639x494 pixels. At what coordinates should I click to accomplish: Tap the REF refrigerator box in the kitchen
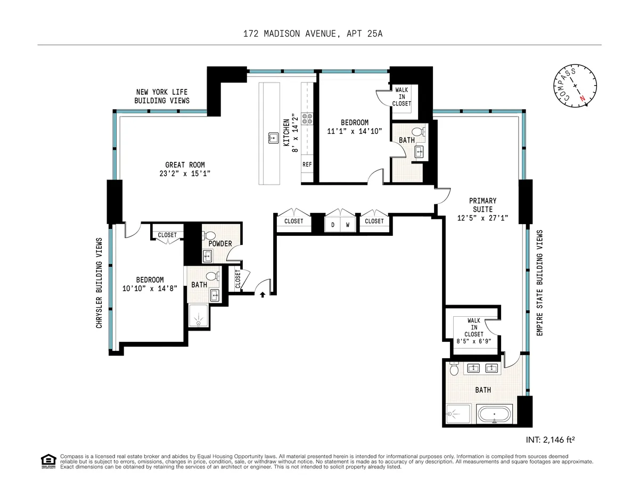click(x=307, y=164)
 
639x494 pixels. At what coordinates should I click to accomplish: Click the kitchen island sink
click(x=272, y=137)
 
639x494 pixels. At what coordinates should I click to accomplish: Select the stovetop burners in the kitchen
click(x=307, y=118)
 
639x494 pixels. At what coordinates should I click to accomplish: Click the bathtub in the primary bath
click(x=495, y=414)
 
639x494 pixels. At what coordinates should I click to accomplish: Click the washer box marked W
click(x=348, y=225)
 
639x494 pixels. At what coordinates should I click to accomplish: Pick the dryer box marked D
click(x=333, y=225)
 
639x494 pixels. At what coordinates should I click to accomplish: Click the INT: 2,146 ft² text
click(x=550, y=440)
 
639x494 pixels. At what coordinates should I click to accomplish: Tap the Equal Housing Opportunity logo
click(x=48, y=461)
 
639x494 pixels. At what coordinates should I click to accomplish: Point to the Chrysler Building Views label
click(x=99, y=282)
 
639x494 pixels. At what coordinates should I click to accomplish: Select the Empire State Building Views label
click(x=539, y=282)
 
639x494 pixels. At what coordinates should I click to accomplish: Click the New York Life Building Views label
click(x=162, y=96)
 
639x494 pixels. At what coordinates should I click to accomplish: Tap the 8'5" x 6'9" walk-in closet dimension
click(x=473, y=342)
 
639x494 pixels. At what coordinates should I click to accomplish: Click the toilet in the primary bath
click(x=454, y=369)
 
